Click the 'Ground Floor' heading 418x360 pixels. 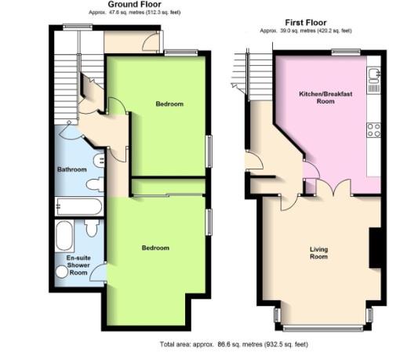129,5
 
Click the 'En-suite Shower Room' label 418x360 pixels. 77,265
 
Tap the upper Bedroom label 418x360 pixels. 169,104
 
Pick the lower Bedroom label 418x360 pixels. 155,248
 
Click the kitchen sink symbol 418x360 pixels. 373,75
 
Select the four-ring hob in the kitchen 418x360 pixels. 373,130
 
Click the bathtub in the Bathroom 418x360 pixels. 78,207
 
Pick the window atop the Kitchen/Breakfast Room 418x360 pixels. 340,52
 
